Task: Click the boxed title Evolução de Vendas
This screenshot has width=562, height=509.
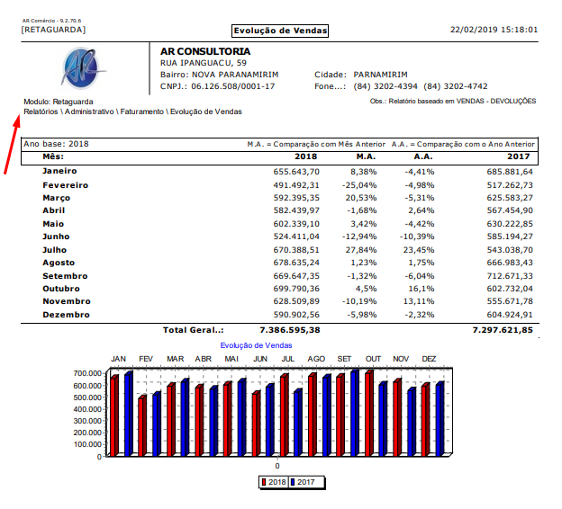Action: tap(279, 31)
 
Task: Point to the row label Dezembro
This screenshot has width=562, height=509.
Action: tap(66, 315)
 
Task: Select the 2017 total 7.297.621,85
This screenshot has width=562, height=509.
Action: tap(503, 330)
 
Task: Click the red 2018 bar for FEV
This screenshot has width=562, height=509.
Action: tap(141, 425)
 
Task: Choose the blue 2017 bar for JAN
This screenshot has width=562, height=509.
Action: tap(128, 414)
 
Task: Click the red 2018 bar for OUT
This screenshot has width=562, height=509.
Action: tap(368, 413)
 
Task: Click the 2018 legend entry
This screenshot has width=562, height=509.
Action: tap(274, 483)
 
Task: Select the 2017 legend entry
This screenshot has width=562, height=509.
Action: tap(307, 483)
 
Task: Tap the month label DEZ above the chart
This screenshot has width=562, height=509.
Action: tap(429, 359)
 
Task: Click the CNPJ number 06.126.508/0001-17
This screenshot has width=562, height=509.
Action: tap(230, 86)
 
